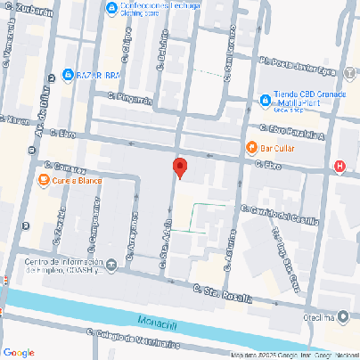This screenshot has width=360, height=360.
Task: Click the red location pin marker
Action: [x=179, y=168]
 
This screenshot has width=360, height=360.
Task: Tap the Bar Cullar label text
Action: [x=279, y=147]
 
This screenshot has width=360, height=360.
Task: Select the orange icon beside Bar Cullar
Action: [x=251, y=147]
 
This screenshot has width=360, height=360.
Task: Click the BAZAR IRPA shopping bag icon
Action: [x=68, y=75]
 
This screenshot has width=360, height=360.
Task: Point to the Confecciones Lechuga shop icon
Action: [x=111, y=9]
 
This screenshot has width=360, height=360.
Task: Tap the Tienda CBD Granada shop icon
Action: [x=265, y=100]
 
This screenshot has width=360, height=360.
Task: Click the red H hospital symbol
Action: [x=340, y=166]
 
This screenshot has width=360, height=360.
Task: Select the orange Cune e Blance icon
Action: [x=43, y=181]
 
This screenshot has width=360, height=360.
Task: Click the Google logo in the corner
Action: [x=19, y=352]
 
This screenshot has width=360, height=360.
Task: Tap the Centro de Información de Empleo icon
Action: [x=111, y=265]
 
